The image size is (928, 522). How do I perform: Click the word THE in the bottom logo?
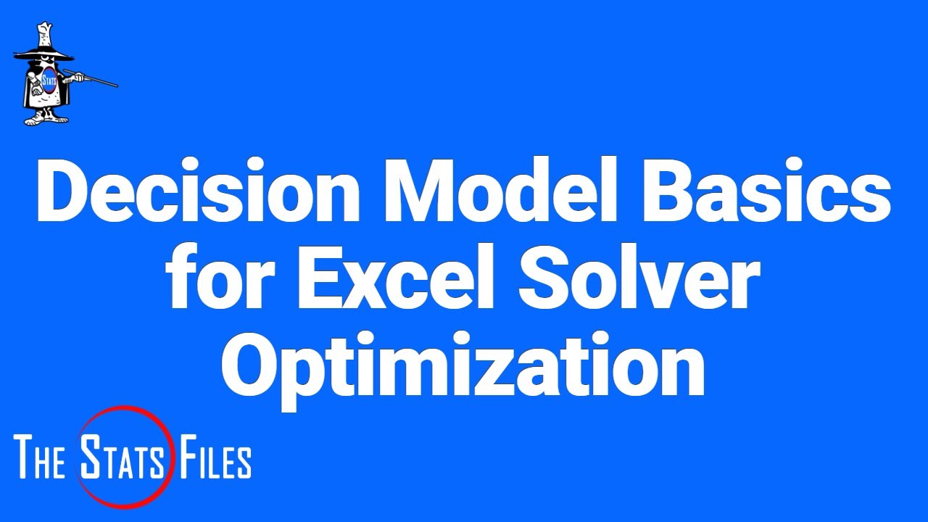(x=41, y=458)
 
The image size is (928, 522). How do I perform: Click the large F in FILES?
(x=183, y=458)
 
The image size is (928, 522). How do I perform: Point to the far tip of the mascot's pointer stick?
(x=116, y=86)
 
